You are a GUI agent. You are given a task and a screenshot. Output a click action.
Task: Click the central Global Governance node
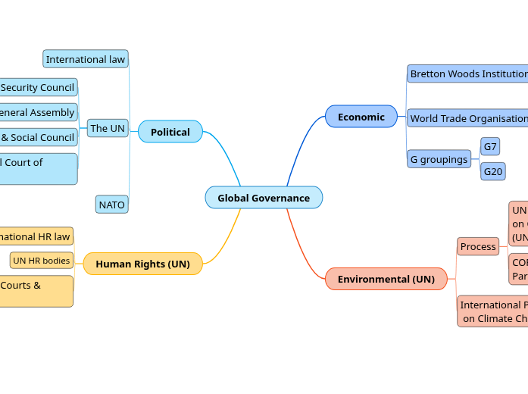click(x=264, y=198)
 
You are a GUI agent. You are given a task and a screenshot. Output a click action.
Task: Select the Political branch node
click(x=170, y=132)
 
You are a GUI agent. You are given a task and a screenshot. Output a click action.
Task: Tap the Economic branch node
click(x=361, y=117)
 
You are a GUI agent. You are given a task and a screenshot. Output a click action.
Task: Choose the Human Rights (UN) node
click(x=142, y=264)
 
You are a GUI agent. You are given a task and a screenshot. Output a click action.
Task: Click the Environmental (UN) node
click(x=386, y=279)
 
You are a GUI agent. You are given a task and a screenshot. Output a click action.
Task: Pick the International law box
click(x=86, y=59)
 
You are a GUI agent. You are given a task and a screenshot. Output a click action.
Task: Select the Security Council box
click(x=38, y=87)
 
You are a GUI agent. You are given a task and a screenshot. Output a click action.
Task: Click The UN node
click(x=108, y=128)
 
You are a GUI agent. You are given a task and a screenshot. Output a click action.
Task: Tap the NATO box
click(x=111, y=205)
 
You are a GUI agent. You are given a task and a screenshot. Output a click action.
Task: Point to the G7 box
click(x=490, y=146)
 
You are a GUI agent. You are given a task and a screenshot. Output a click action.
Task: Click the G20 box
click(x=492, y=172)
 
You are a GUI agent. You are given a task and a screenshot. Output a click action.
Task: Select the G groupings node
click(x=439, y=159)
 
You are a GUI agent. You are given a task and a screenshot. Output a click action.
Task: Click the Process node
click(x=478, y=246)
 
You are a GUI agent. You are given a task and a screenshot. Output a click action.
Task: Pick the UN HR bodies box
click(x=42, y=261)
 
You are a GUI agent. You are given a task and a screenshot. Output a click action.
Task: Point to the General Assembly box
click(x=38, y=112)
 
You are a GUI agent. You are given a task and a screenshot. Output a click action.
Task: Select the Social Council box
click(x=38, y=137)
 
